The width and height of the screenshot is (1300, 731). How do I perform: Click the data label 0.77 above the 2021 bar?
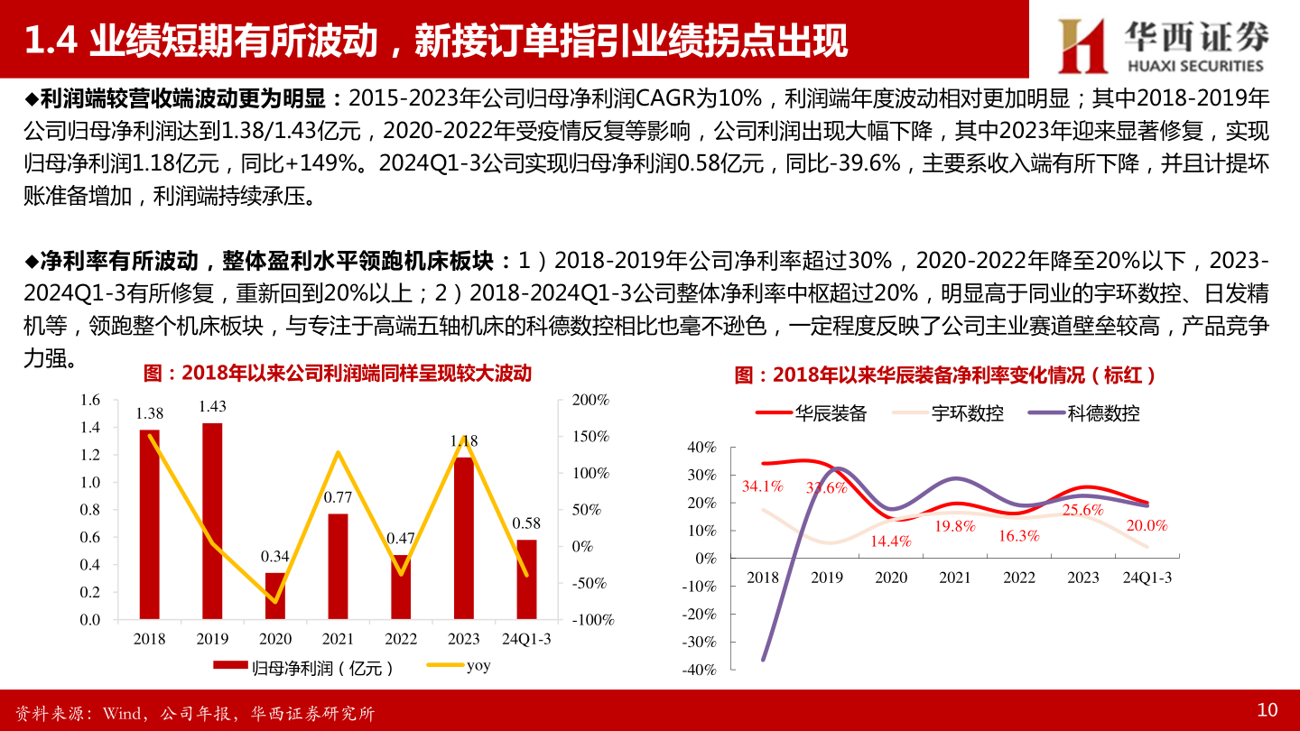(x=338, y=496)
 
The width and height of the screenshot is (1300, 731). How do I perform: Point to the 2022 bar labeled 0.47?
(x=401, y=587)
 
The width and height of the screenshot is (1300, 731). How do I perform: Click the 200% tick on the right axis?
(x=592, y=400)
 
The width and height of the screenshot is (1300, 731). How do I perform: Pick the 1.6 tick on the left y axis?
(x=89, y=400)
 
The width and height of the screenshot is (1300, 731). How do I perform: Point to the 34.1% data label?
(x=762, y=486)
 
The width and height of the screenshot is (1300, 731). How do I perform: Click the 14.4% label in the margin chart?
(x=890, y=541)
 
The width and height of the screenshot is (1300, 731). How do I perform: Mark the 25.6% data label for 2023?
(x=1084, y=510)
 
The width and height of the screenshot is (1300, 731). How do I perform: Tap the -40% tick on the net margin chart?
(x=701, y=670)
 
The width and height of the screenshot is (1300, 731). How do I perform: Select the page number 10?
(x=1267, y=710)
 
